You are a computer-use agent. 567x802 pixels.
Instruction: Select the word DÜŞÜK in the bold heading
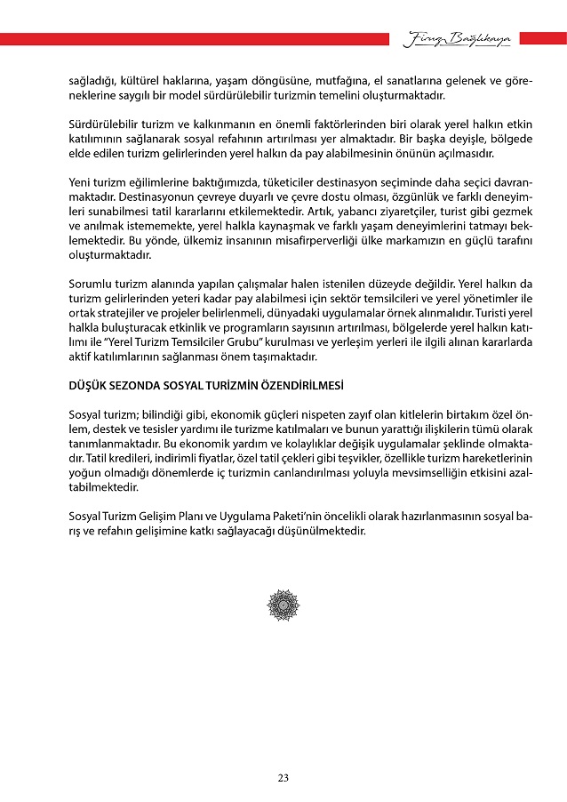(89, 387)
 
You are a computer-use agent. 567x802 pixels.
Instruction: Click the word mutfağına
(307, 81)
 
